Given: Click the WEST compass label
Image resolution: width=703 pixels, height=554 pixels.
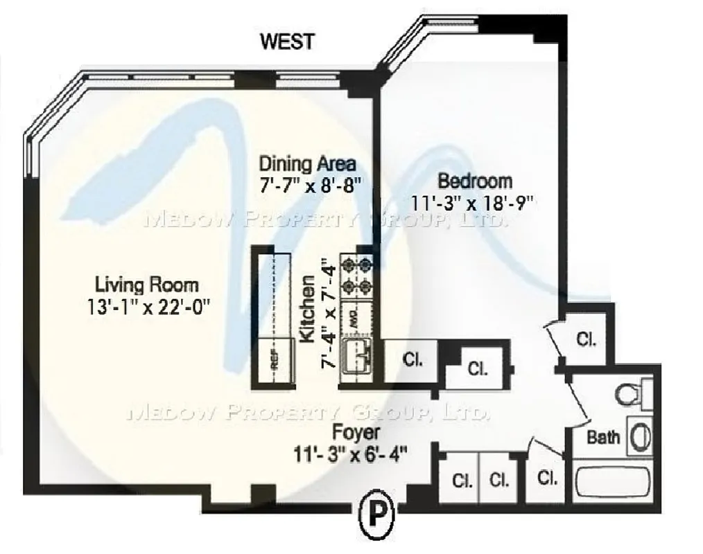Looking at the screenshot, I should tap(286, 41).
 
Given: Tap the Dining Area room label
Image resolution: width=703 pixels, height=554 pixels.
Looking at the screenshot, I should tap(307, 164).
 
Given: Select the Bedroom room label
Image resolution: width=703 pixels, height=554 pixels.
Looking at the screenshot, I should tap(475, 181).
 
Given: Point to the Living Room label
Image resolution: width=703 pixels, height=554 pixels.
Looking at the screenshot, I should tap(146, 284).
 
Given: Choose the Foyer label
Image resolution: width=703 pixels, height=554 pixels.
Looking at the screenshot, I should tap(356, 434).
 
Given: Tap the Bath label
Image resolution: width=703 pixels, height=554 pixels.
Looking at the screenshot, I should tap(603, 437).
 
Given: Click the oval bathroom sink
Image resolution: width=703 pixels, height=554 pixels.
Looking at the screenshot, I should tap(641, 436).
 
